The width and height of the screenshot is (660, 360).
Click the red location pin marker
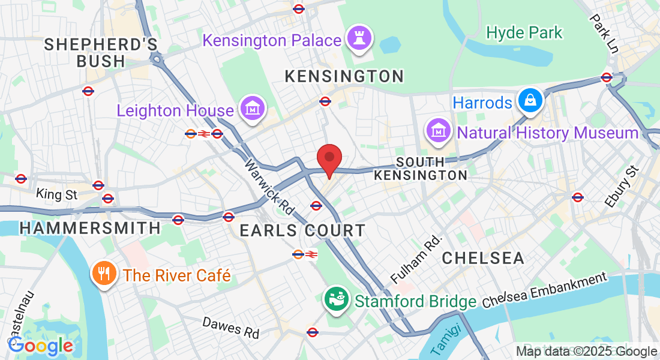coord(329,158)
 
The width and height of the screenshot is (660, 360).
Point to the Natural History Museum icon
coord(439,131)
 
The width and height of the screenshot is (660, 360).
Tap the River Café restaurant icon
coord(104,275)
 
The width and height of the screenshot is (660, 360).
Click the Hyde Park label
coord(524,32)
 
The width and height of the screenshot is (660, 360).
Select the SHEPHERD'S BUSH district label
coord(101,53)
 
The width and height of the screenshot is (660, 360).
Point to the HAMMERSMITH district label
coord(90,228)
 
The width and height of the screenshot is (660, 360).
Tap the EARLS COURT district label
coord(302,230)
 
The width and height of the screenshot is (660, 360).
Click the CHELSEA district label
coord(483,258)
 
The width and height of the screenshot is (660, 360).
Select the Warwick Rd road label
coord(269,187)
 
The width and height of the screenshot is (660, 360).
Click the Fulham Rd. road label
coord(416,259)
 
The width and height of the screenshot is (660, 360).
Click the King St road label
coord(57,194)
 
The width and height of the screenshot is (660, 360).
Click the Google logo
coord(40,345)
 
